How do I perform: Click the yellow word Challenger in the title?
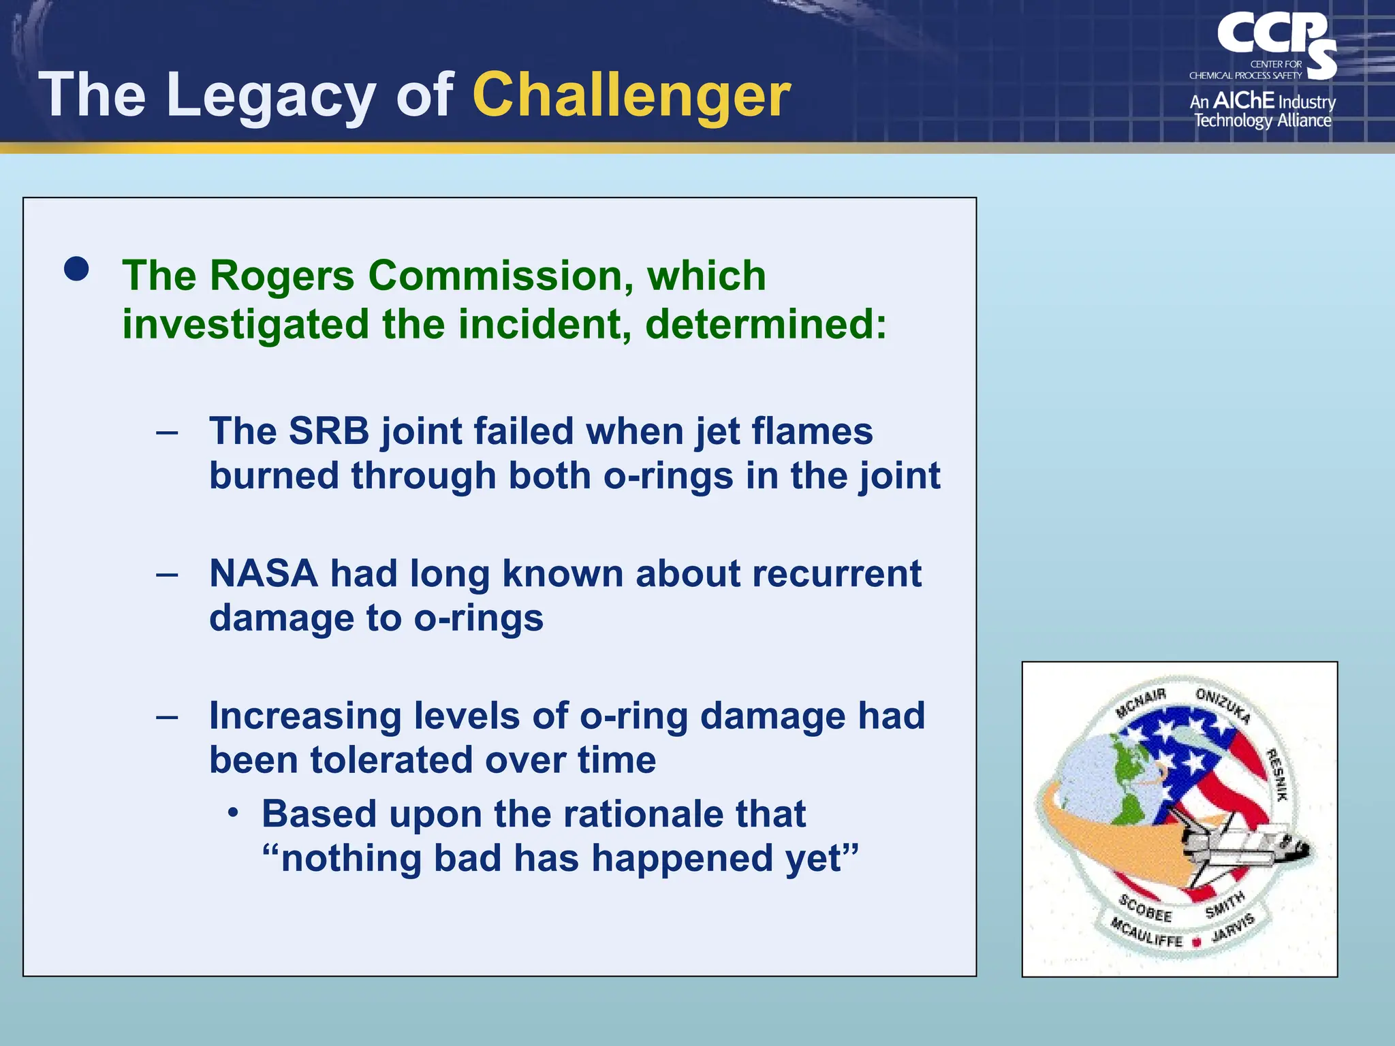(x=631, y=95)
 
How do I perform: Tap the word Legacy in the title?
(x=270, y=95)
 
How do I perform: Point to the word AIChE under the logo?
(x=1243, y=101)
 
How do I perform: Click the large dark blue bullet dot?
(x=76, y=269)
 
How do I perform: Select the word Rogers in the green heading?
(x=281, y=276)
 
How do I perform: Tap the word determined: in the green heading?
(x=766, y=323)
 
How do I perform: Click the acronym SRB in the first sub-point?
(x=328, y=431)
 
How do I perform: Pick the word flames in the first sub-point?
(x=811, y=431)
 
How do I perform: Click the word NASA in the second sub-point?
(x=264, y=573)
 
